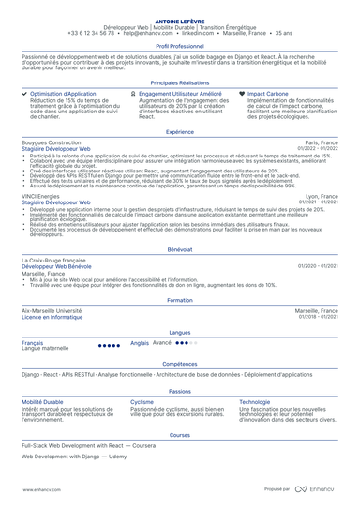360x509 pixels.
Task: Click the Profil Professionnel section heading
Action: point(179,45)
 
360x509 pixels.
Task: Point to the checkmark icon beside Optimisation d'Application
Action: point(24,94)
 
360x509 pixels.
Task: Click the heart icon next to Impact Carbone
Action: point(243,94)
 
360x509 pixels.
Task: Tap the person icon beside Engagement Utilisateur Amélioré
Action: point(133,94)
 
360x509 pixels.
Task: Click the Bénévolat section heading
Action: point(179,250)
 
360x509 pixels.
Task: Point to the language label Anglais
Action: point(140,343)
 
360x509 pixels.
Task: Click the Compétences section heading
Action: point(179,364)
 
